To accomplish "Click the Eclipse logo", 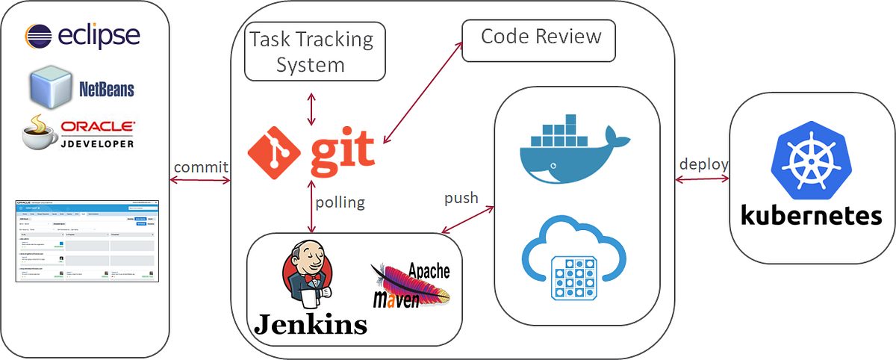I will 82,36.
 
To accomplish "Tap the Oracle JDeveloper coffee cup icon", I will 40,133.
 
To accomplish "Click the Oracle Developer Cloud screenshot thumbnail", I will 88,240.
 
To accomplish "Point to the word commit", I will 201,167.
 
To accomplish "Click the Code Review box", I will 539,39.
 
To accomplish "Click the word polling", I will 340,202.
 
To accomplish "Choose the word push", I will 461,199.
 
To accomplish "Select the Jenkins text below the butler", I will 311,324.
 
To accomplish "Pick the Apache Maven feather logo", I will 412,286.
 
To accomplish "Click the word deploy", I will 703,164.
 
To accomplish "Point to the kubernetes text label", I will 812,217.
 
